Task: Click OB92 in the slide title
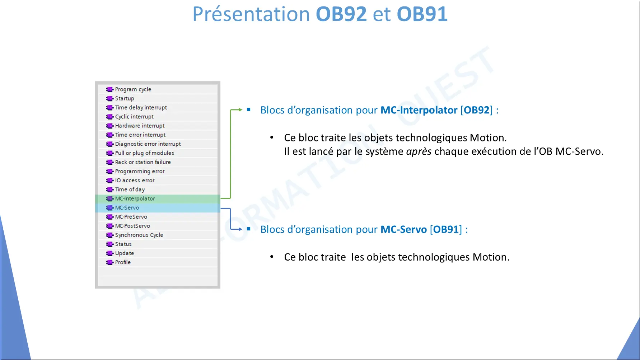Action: tap(341, 14)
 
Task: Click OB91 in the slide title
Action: tap(422, 14)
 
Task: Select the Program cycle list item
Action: tap(133, 89)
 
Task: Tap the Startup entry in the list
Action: tap(125, 98)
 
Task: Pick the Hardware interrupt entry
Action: tap(140, 126)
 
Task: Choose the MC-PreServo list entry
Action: tap(131, 217)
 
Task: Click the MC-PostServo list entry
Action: tap(132, 226)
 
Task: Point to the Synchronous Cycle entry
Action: tap(139, 235)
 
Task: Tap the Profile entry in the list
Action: tap(123, 262)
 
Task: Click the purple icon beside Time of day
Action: tap(110, 190)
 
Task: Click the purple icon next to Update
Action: tap(110, 253)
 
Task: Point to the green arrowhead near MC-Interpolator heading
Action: tap(240, 110)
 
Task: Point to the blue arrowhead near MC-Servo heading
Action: tap(240, 229)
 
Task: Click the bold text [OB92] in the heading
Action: tap(477, 110)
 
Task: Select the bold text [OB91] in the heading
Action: tap(446, 230)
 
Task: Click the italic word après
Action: tap(419, 151)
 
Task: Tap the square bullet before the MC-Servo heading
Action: tap(248, 229)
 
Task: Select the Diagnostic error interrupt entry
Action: tap(148, 144)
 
